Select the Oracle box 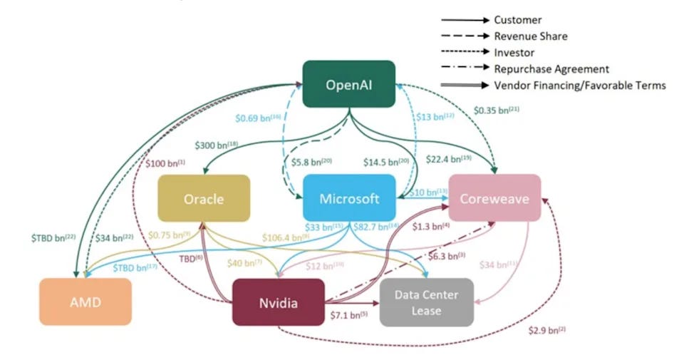[x=204, y=199]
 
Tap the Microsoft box [x=349, y=199]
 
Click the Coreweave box [x=494, y=199]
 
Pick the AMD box [x=85, y=302]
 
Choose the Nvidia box [x=278, y=302]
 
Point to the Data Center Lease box [x=426, y=302]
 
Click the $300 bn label [x=216, y=145]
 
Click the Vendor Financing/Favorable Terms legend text [x=579, y=86]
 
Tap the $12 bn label [x=325, y=265]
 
